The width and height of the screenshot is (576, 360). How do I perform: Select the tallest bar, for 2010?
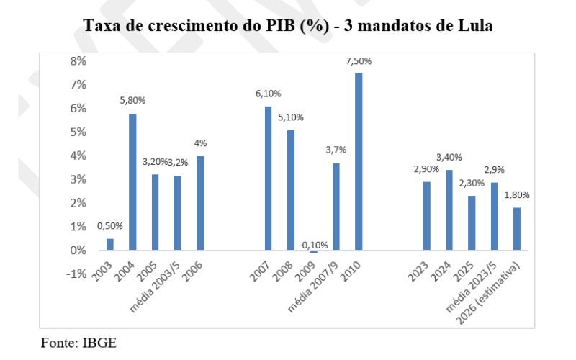(x=359, y=162)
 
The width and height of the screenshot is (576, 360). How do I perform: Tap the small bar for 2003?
(x=110, y=245)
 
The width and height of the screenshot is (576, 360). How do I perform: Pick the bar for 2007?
(x=268, y=179)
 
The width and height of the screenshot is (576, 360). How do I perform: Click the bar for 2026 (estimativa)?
(x=516, y=229)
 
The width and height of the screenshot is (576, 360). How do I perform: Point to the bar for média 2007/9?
(x=336, y=207)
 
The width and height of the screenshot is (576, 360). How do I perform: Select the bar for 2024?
(x=449, y=210)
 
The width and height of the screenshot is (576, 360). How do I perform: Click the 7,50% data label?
(x=359, y=61)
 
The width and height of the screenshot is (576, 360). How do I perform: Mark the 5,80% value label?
(x=132, y=102)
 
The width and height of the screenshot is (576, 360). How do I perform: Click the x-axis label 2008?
(x=286, y=269)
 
